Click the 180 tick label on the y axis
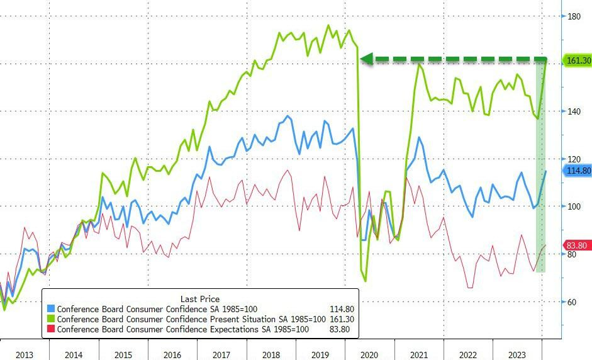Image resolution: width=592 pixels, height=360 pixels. pyautogui.click(x=572, y=16)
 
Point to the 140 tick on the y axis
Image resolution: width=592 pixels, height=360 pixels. pyautogui.click(x=572, y=111)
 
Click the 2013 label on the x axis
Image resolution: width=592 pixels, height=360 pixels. pyautogui.click(x=24, y=355)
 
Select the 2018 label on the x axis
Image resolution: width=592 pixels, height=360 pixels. pyautogui.click(x=271, y=355)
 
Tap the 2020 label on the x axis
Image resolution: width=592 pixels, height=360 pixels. pyautogui.click(x=369, y=355)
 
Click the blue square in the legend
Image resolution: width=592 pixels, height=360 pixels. pyautogui.click(x=51, y=309)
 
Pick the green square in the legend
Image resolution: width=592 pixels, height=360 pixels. pyautogui.click(x=51, y=319)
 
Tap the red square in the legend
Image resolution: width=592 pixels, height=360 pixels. pyautogui.click(x=51, y=329)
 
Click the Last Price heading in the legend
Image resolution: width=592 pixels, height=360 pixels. pyautogui.click(x=199, y=299)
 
